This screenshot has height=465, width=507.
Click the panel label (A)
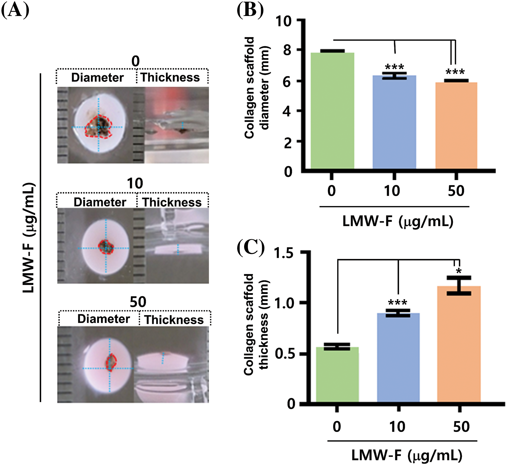[15, 11]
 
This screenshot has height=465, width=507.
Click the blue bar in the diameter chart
[394, 122]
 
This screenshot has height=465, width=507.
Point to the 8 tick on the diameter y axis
[287, 50]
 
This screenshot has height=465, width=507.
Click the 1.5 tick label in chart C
[284, 253]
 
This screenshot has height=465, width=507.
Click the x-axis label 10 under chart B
[392, 191]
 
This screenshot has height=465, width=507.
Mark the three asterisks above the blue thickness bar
[397, 302]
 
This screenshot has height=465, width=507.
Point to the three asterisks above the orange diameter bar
[455, 72]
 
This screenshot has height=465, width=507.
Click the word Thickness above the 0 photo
[170, 77]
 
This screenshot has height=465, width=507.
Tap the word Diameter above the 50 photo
[103, 319]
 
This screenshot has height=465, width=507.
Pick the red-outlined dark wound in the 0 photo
[98, 127]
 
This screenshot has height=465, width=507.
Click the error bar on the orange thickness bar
[459, 285]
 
